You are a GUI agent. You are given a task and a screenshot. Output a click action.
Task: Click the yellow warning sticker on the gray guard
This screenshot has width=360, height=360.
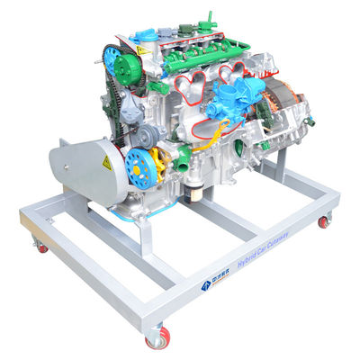point(107,163)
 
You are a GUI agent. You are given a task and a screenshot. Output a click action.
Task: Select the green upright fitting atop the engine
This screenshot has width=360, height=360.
point(210,18)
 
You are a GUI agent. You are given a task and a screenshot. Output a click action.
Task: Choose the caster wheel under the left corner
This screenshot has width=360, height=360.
point(40,245)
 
